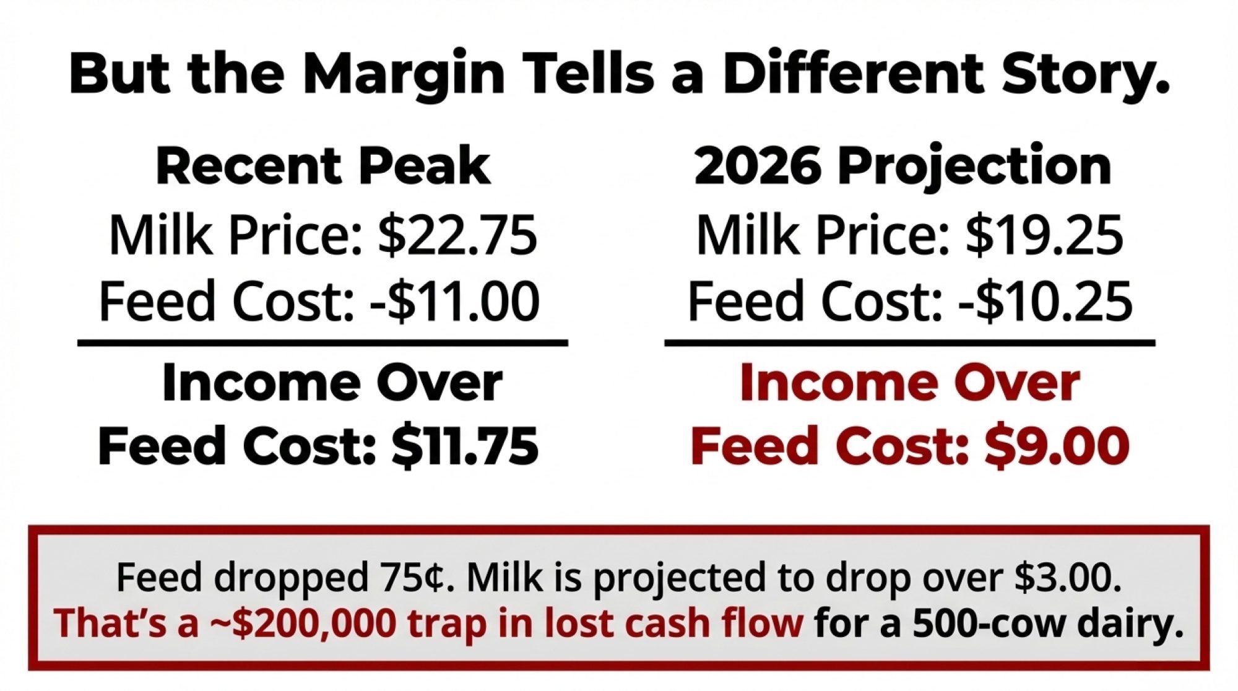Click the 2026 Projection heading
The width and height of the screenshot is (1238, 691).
coord(903,166)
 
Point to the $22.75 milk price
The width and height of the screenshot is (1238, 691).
coord(457,235)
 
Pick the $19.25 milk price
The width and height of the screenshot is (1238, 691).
coord(1044,235)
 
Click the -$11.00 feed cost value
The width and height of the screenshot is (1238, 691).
coord(454,301)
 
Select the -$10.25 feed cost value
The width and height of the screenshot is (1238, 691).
coord(1045,301)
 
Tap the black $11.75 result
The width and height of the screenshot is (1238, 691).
coord(465,446)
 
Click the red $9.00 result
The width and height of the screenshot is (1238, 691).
coord(1057,446)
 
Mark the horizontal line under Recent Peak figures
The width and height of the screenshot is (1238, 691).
coord(322,342)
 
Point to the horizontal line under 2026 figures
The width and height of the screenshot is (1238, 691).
coord(910,342)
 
